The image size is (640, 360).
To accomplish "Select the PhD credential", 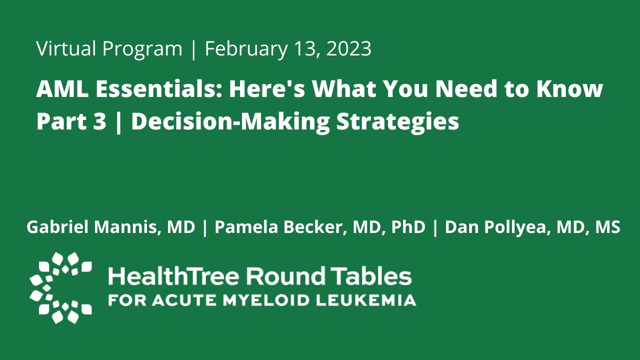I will (x=408, y=227).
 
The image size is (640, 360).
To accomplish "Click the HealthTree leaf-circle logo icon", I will (x=60, y=287).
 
